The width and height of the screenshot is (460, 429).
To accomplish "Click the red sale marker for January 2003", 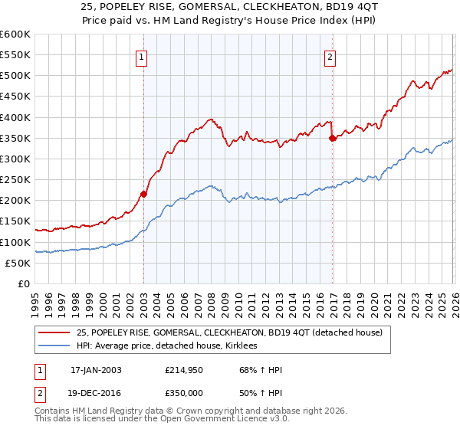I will click(143, 194).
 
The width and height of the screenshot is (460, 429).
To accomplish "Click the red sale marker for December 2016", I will click(332, 138).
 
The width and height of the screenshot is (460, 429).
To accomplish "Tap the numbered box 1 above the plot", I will click(143, 56).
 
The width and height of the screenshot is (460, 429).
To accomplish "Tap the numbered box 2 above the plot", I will click(330, 56).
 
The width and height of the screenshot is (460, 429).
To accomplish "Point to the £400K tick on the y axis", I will click(15, 117).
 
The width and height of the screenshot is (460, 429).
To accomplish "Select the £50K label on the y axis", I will click(18, 263).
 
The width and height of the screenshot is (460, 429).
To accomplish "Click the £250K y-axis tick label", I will click(15, 179).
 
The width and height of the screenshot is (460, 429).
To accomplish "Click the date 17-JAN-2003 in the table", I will click(96, 370).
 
